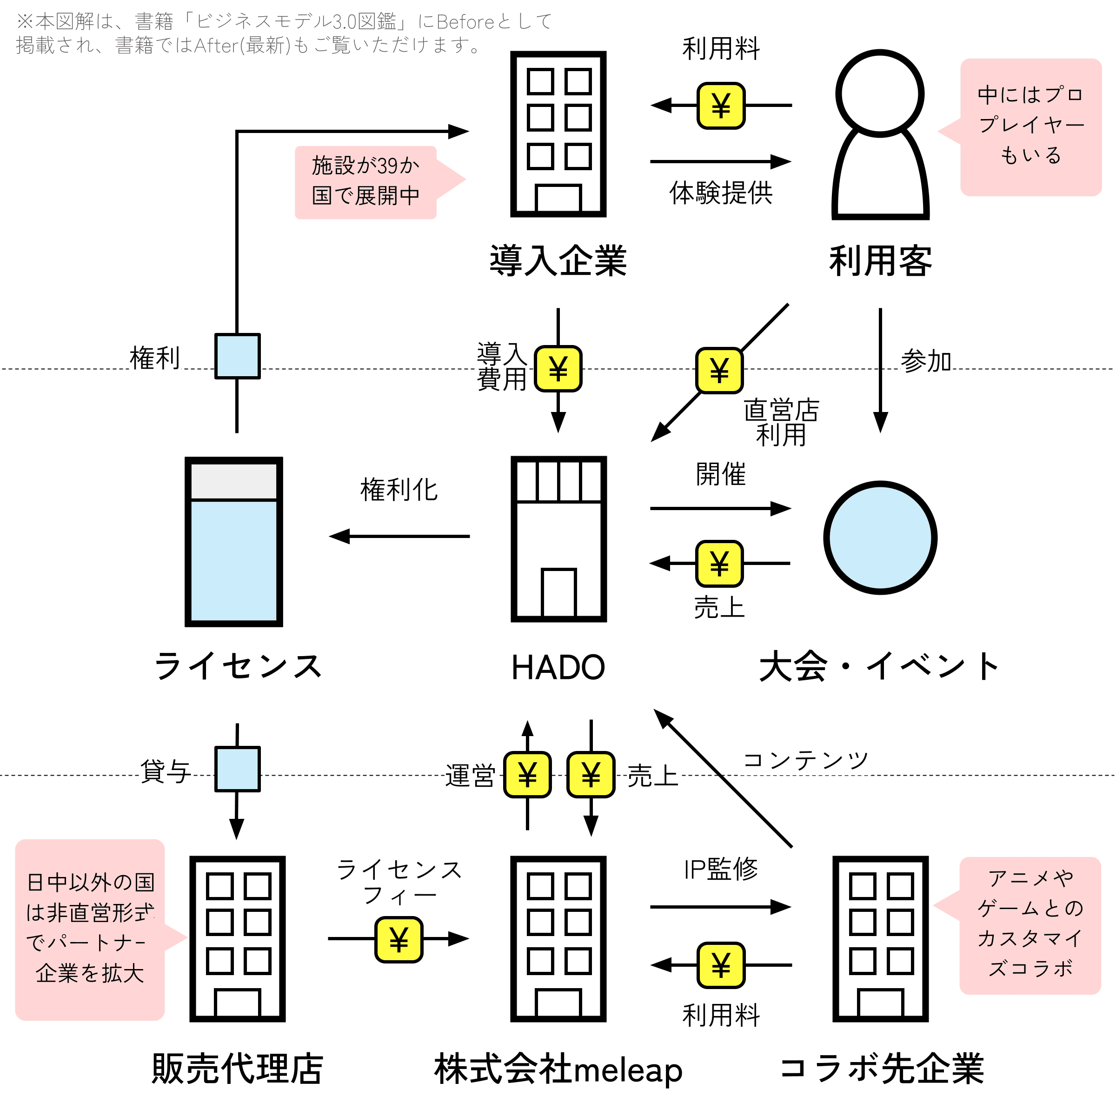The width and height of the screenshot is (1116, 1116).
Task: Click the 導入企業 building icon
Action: click(x=558, y=134)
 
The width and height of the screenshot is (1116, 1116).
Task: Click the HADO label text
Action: click(x=558, y=667)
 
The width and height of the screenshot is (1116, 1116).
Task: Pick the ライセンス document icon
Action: click(x=233, y=542)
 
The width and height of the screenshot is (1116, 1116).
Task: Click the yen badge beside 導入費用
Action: click(x=558, y=369)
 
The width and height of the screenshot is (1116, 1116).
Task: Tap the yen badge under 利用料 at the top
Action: click(x=721, y=105)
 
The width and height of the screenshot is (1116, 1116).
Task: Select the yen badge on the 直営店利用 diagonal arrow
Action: click(x=719, y=370)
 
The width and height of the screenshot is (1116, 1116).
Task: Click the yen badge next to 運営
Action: click(x=527, y=775)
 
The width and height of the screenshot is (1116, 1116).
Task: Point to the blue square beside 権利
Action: click(x=238, y=356)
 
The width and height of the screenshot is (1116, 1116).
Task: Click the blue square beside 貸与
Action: click(x=238, y=769)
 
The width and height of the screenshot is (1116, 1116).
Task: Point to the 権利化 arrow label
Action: click(x=399, y=490)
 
